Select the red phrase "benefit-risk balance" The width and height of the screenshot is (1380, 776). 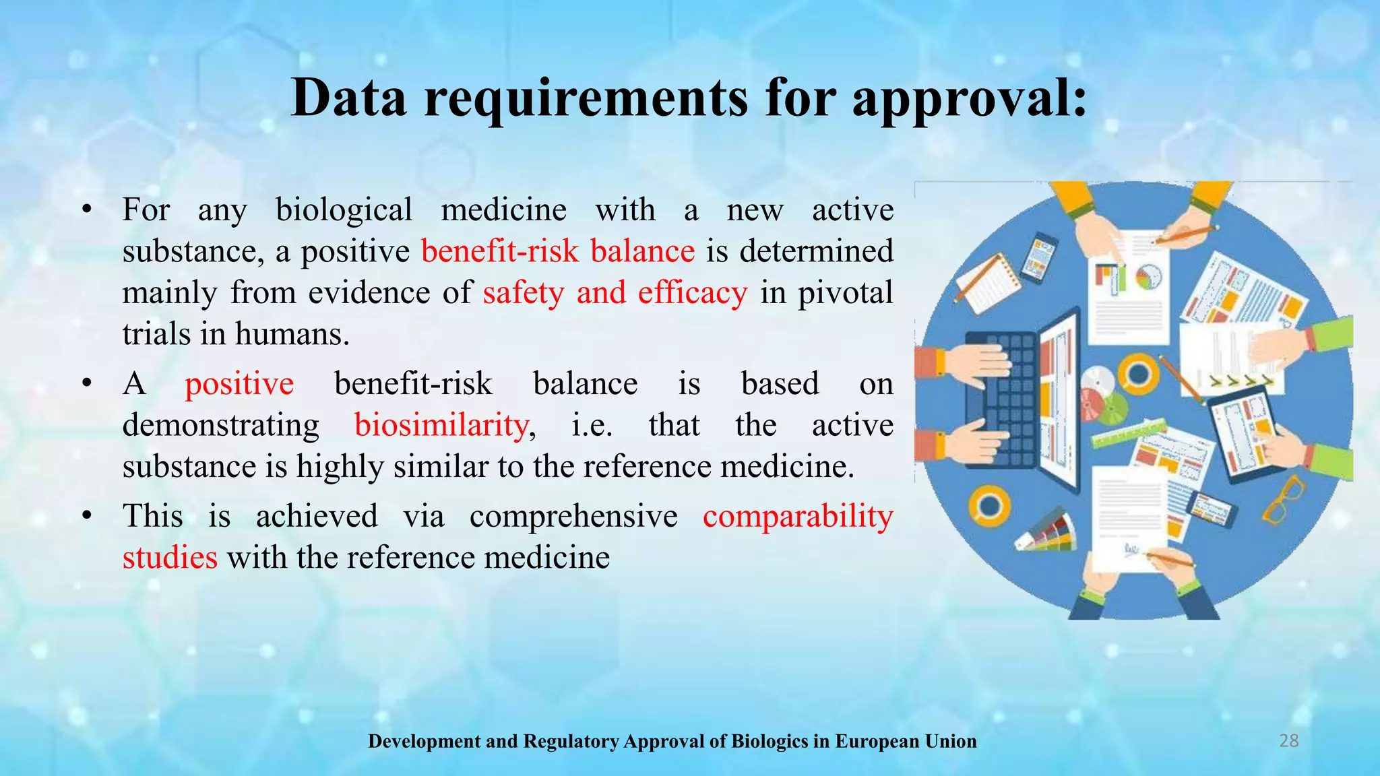point(558,251)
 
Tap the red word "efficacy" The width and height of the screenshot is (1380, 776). point(693,293)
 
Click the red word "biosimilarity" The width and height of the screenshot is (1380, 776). point(441,425)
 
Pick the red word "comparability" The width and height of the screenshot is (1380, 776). point(798,517)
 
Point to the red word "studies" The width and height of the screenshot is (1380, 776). point(170,558)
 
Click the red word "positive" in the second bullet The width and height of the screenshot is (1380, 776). point(239,384)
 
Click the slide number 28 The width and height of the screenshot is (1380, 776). point(1288,741)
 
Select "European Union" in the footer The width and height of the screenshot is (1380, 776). point(906,742)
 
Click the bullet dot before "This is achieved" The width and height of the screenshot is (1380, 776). point(86,517)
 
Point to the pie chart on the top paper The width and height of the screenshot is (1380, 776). point(1148,277)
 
